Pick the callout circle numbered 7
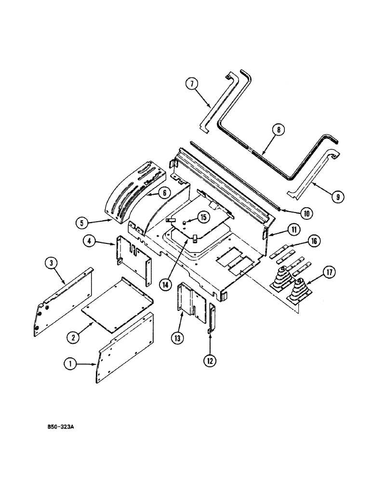point(192,85)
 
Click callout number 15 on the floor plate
point(203,217)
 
